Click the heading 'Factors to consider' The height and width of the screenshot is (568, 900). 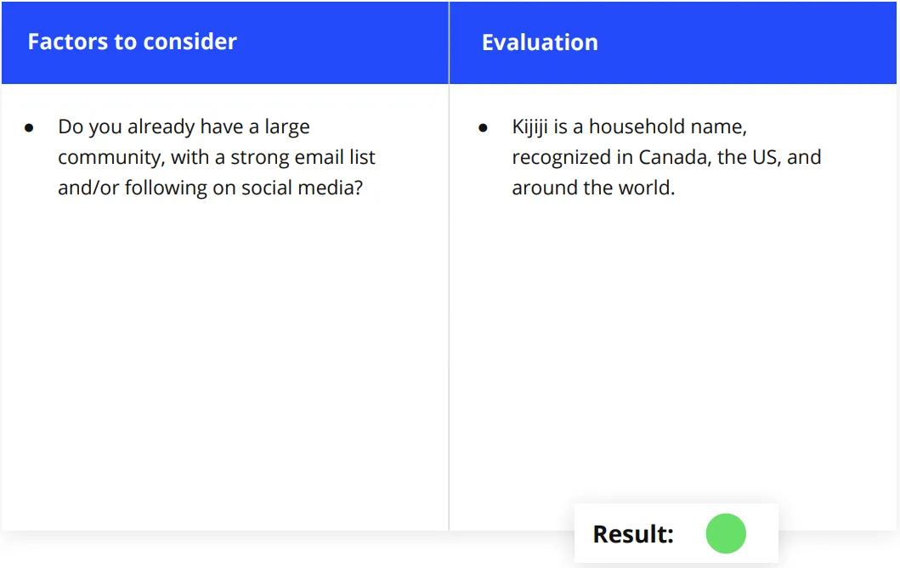pos(132,42)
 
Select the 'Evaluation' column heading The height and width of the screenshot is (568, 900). pos(540,42)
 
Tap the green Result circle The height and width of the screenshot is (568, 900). pos(726,533)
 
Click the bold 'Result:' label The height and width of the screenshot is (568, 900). pos(633,534)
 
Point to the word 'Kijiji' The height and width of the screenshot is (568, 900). pos(529,127)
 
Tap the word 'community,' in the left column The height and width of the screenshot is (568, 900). pos(111,158)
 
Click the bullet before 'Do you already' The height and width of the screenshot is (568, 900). pos(29,128)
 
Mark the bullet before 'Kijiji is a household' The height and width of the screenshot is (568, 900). pos(483,128)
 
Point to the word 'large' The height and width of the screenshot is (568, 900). pos(287,127)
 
